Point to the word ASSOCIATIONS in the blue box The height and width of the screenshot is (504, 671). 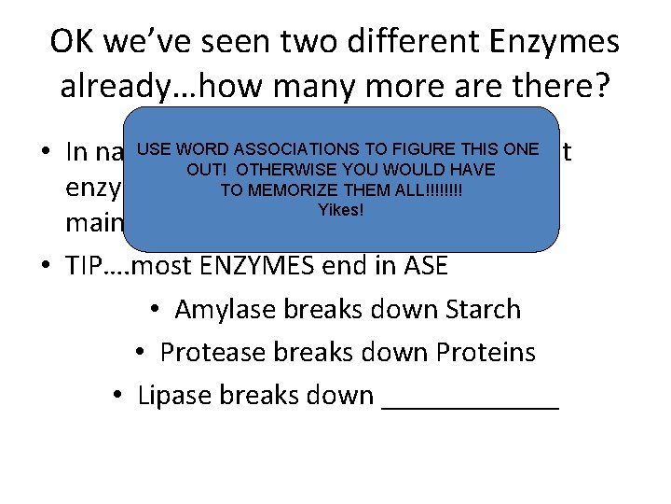[x=296, y=148]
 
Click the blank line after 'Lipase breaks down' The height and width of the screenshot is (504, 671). [x=471, y=401]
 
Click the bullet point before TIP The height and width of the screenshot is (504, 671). [x=46, y=267]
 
